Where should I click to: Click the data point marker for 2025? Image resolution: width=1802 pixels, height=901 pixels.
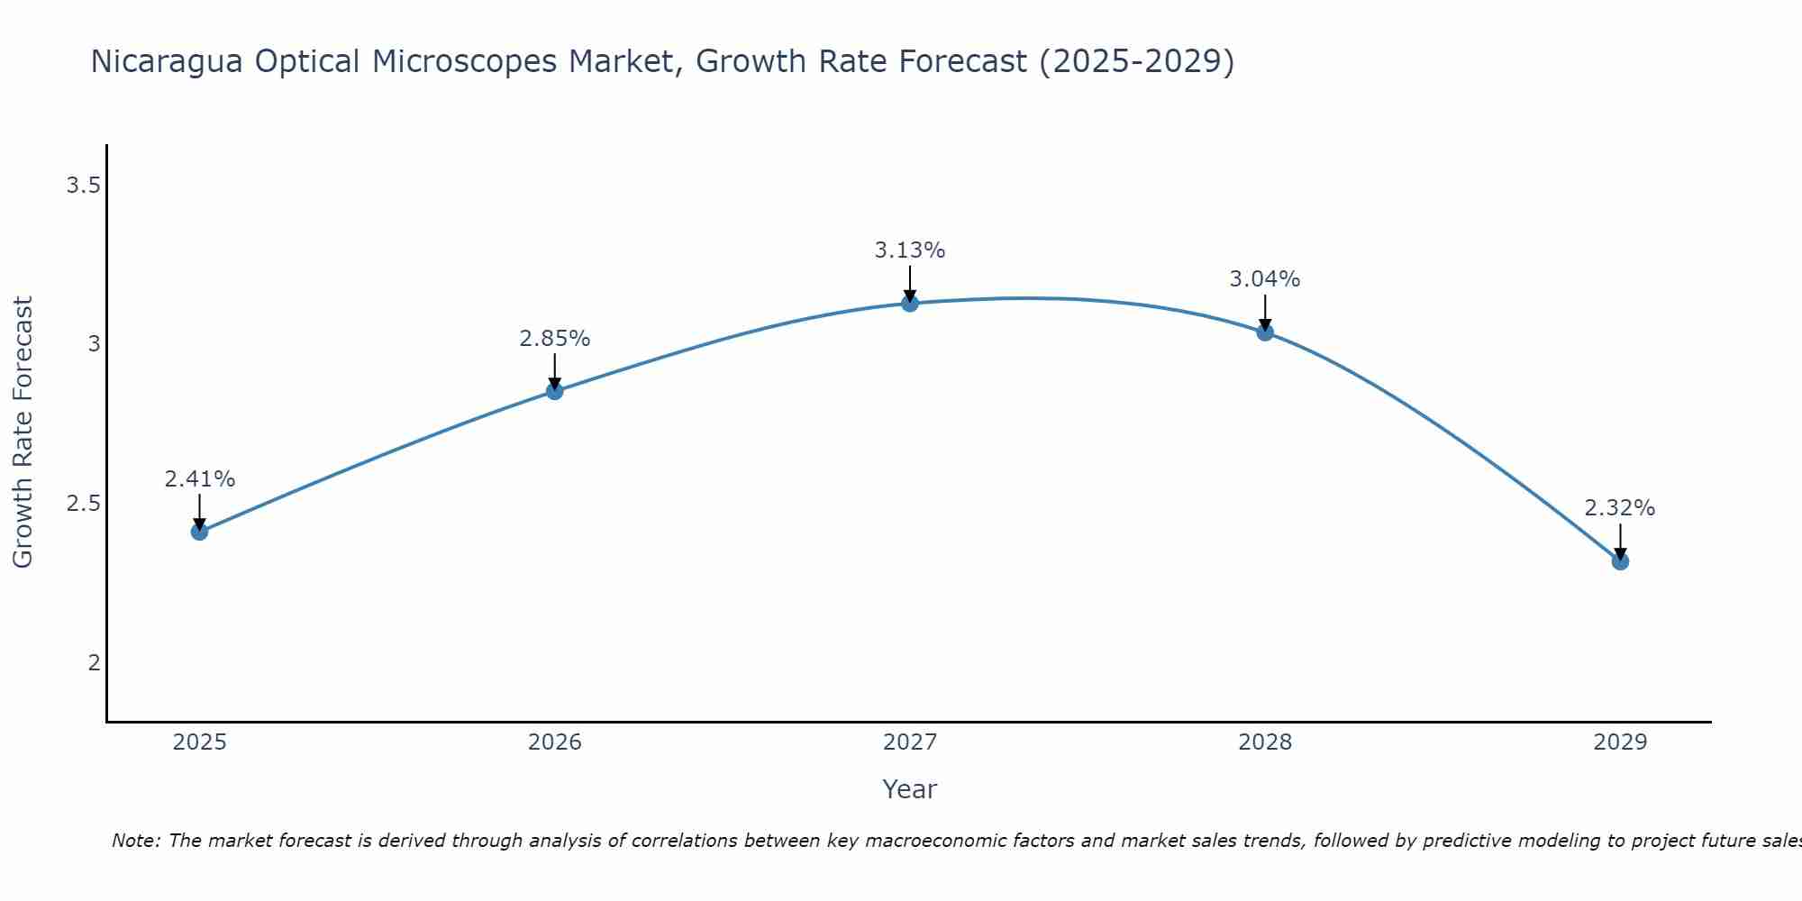[x=199, y=532]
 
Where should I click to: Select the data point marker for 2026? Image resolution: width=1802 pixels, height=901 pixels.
[x=555, y=391]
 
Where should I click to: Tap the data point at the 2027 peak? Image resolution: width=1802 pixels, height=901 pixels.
[x=910, y=303]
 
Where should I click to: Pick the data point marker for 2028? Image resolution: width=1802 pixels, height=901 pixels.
[x=1265, y=332]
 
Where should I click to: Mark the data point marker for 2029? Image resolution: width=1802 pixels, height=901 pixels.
[x=1620, y=561]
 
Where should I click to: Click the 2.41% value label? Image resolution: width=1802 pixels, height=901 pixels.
[x=199, y=479]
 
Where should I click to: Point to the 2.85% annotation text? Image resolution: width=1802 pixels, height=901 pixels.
[x=555, y=339]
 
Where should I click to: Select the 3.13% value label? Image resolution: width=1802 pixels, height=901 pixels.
[x=910, y=250]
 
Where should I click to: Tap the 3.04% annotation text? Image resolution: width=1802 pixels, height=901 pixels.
[x=1265, y=279]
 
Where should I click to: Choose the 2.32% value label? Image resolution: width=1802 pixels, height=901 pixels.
[x=1620, y=508]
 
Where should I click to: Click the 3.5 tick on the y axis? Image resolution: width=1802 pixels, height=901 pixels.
[x=83, y=186]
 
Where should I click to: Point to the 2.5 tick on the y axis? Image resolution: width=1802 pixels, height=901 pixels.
[x=83, y=504]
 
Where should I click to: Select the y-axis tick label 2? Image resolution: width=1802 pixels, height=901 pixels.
[x=94, y=663]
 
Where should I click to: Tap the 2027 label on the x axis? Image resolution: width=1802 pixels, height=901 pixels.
[x=910, y=742]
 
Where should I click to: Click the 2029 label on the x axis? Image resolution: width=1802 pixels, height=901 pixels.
[x=1620, y=742]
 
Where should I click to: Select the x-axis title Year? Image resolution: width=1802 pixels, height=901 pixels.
[x=910, y=789]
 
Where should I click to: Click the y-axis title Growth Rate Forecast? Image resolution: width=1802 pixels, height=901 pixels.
[x=23, y=432]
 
